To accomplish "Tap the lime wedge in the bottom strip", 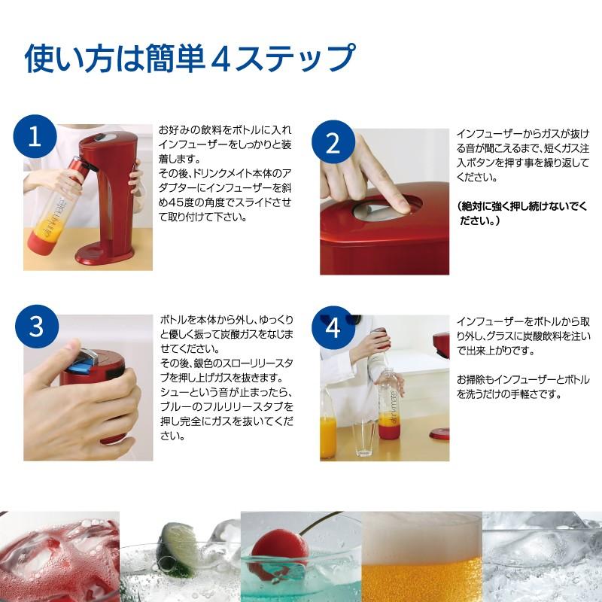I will (x=177, y=540).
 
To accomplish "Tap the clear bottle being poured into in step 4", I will (x=387, y=410).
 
